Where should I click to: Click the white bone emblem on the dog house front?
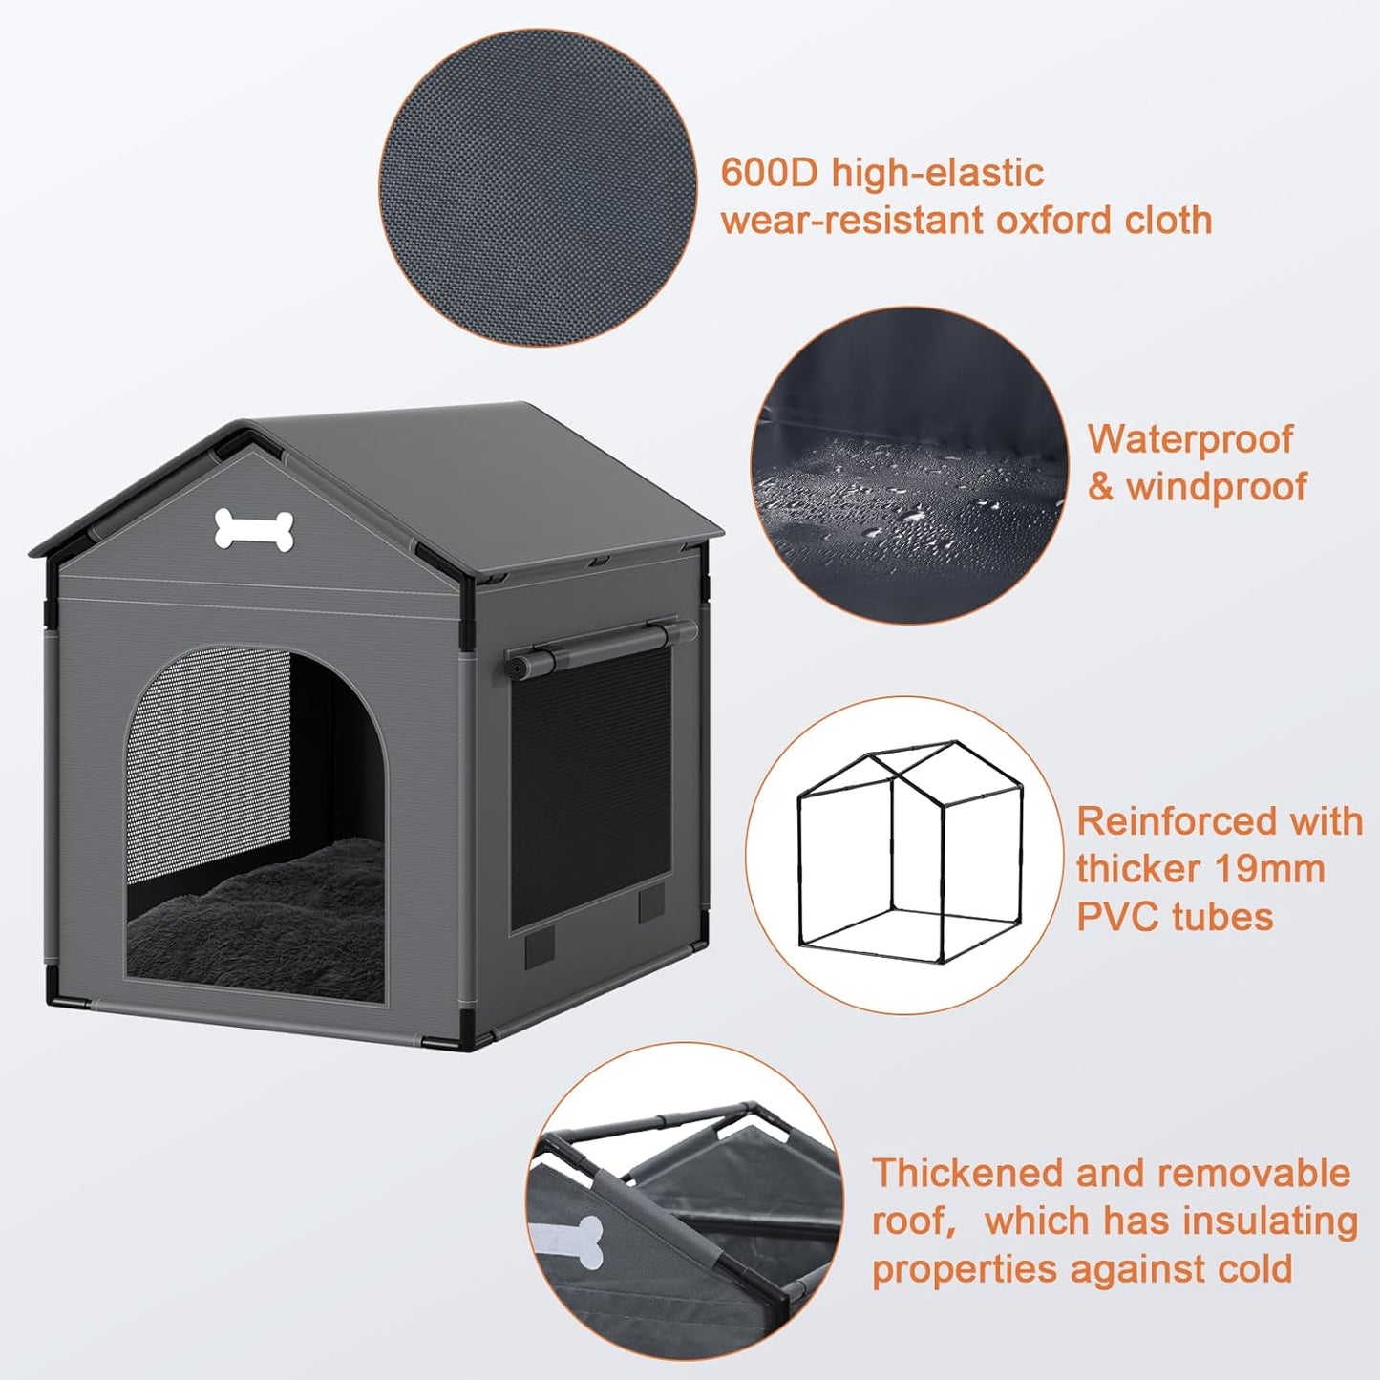253,530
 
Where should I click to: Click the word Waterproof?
1190,439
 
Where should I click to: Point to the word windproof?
1216,487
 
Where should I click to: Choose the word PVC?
1118,917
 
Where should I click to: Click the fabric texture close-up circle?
538,187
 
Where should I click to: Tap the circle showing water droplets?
908,466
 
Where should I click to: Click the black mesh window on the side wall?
590,788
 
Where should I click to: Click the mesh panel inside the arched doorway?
208,754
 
